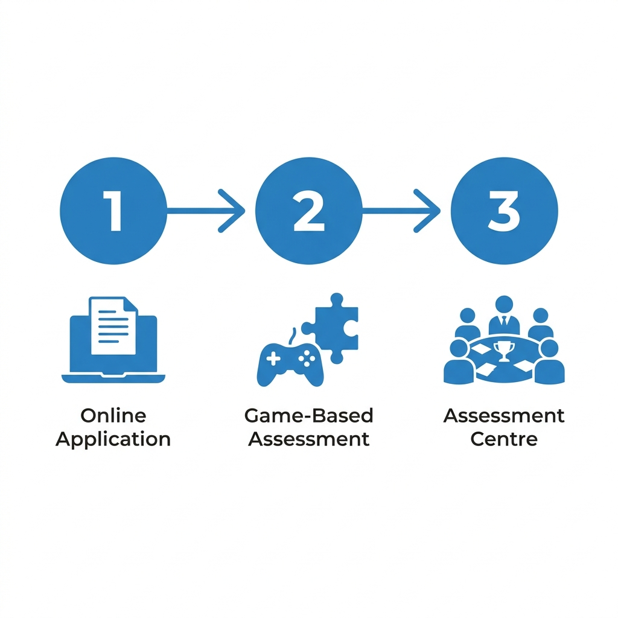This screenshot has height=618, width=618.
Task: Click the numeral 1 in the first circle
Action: [114, 211]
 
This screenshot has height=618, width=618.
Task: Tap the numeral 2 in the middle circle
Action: [309, 211]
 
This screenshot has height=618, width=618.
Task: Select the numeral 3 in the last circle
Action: [504, 211]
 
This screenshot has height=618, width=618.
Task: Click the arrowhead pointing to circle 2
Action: [232, 211]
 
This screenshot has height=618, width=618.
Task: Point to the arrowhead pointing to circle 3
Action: [427, 211]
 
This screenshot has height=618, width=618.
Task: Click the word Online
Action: [113, 416]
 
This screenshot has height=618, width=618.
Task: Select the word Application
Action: [113, 439]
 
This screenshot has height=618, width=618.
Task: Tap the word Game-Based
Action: [308, 416]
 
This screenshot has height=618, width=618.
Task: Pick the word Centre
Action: [504, 439]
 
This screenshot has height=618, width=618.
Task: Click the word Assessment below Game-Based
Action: [308, 439]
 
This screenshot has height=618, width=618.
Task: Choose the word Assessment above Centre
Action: [504, 416]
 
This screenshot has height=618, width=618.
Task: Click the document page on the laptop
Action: [113, 326]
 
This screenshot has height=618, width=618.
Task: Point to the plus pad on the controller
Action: [273, 359]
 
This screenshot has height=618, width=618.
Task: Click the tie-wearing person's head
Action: [504, 305]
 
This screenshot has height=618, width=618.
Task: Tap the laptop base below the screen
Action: [113, 378]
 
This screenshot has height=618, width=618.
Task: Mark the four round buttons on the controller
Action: [307, 358]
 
